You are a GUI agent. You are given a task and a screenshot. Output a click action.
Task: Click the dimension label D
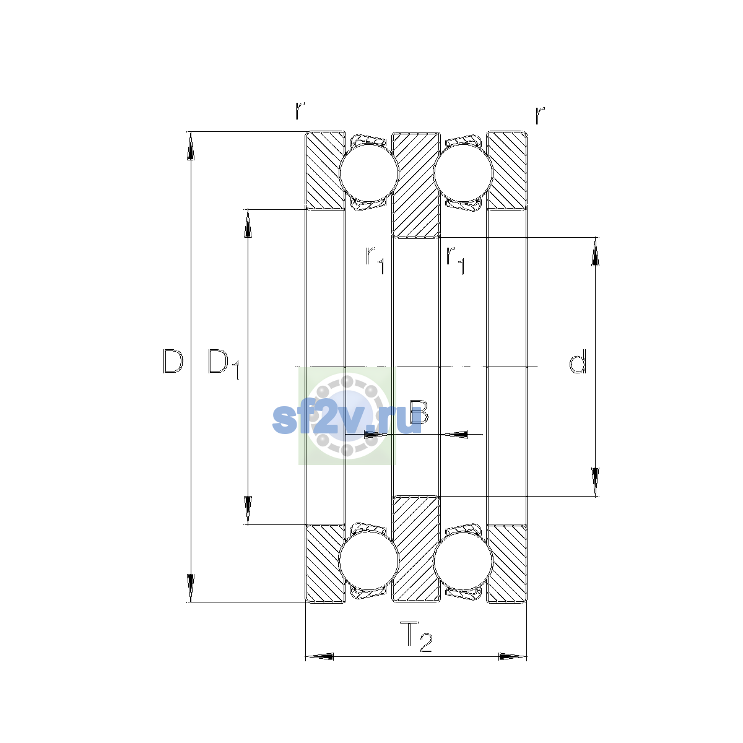(173, 361)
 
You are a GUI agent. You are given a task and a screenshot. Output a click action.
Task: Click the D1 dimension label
(224, 364)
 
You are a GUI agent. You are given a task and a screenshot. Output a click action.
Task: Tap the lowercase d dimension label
(578, 361)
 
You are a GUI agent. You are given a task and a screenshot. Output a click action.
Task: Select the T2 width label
(416, 637)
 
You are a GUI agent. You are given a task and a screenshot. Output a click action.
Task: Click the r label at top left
(300, 111)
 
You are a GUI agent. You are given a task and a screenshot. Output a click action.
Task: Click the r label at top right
(540, 115)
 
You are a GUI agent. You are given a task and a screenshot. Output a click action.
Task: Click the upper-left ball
(368, 173)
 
